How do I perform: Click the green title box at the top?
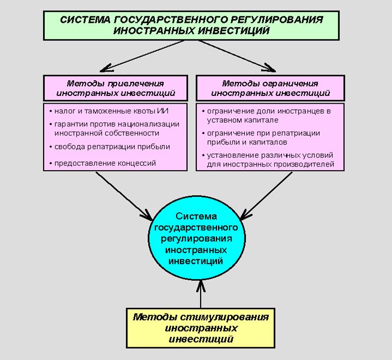[x=191, y=25]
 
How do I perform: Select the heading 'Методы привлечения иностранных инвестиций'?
[x=115, y=88]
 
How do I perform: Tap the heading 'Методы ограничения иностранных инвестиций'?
[x=270, y=88]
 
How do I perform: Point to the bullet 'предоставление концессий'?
[x=105, y=163]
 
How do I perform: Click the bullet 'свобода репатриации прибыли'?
[x=112, y=146]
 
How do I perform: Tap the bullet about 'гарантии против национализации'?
[x=116, y=128]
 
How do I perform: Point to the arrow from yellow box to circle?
[x=200, y=293]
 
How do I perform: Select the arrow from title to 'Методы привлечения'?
[x=143, y=56]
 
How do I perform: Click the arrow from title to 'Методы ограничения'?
[x=237, y=56]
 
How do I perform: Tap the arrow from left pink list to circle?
[x=124, y=195]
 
